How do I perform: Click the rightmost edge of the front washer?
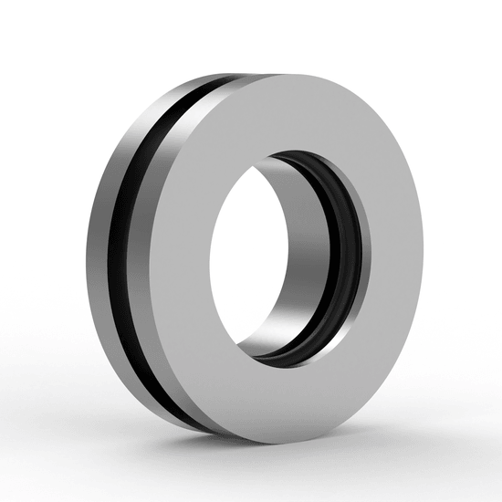click(x=423, y=256)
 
